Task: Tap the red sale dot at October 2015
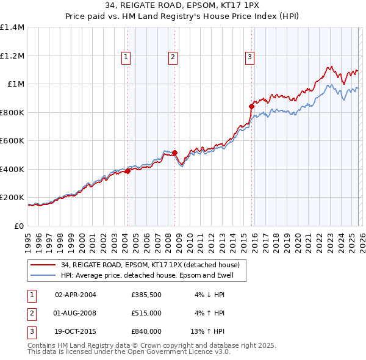(251, 106)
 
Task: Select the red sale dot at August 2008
(174, 153)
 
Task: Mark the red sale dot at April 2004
(127, 171)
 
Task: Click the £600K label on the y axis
(12, 141)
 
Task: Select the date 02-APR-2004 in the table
(76, 295)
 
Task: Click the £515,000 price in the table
(146, 313)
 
